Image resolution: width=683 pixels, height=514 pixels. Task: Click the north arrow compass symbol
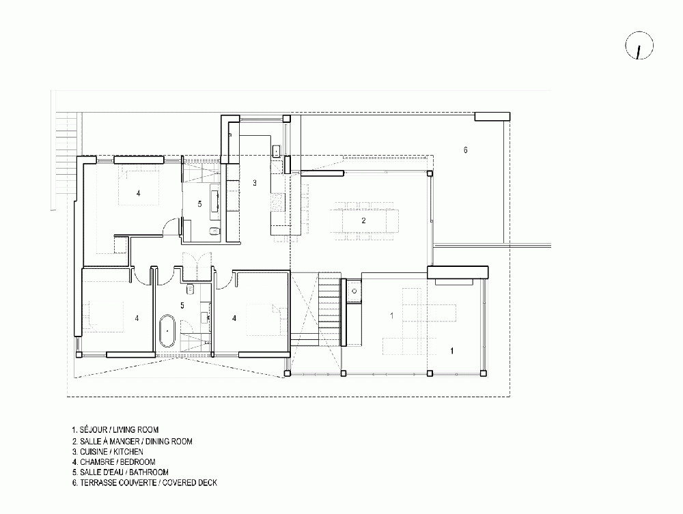pos(639,45)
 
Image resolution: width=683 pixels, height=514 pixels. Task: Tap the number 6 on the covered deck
pos(466,150)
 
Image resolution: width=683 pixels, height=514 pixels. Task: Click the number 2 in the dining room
pos(364,220)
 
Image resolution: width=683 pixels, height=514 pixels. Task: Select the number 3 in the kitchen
pos(255,183)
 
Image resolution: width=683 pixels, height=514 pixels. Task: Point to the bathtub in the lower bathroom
pos(167,331)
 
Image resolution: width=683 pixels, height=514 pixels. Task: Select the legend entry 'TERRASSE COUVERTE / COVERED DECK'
pos(145,483)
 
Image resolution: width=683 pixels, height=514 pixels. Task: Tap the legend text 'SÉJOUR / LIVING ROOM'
pos(115,430)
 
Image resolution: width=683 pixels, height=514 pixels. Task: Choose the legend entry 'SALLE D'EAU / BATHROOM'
pos(120,472)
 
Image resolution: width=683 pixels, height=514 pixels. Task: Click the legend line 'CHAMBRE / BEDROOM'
pos(113,461)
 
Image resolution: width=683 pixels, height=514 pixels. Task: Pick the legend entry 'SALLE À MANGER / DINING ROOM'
pos(133,442)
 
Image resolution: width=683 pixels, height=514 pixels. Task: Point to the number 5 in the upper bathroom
pos(199,203)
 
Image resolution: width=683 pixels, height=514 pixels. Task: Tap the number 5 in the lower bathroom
pos(182,306)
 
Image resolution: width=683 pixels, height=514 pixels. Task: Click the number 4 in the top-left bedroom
pos(139,192)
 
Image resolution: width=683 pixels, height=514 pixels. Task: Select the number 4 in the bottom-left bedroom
pos(137,319)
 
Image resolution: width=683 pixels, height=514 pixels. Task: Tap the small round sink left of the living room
pos(354,291)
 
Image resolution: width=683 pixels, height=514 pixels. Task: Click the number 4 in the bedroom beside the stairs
pos(234,319)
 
